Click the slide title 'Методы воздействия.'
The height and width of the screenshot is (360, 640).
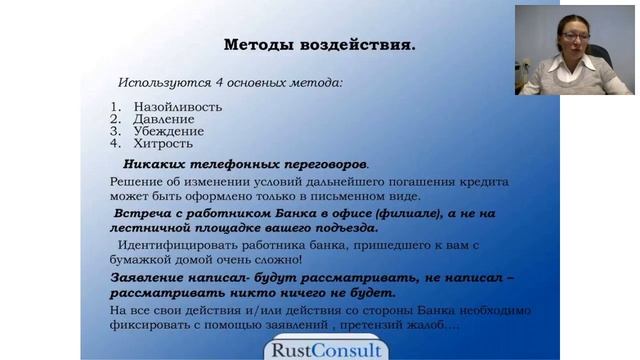click(x=319, y=45)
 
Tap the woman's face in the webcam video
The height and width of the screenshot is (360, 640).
click(x=576, y=40)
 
